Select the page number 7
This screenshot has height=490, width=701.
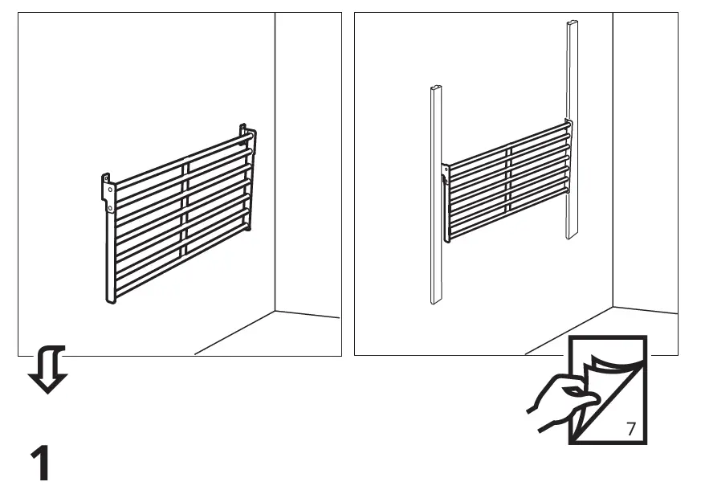pyautogui.click(x=630, y=428)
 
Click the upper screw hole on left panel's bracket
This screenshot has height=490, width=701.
pyautogui.click(x=110, y=189)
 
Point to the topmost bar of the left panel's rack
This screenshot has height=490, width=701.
pyautogui.click(x=181, y=160)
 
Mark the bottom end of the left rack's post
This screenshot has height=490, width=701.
pyautogui.click(x=112, y=300)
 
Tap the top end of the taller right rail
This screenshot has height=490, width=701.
pyautogui.click(x=573, y=24)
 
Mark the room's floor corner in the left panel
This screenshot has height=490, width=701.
pyautogui.click(x=275, y=310)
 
